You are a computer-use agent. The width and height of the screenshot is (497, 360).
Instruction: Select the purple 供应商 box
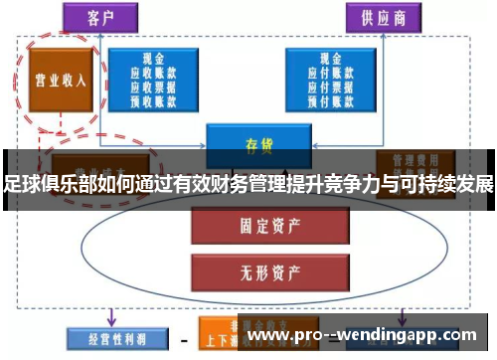378,18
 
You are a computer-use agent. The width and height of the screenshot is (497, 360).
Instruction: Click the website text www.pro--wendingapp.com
365,336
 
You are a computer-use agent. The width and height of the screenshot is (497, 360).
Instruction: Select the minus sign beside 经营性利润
184,339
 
